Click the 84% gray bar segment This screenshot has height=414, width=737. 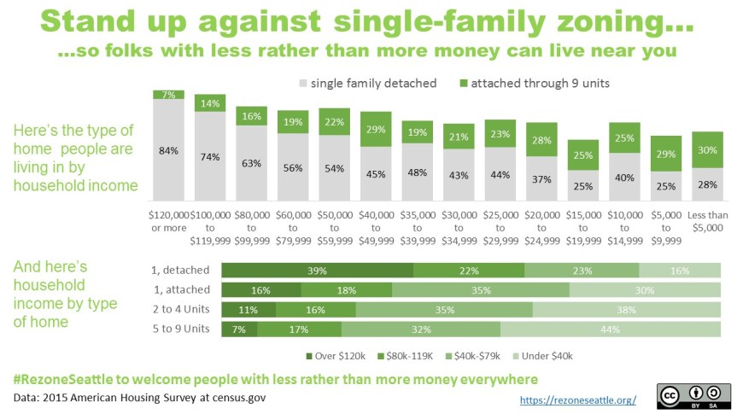[x=168, y=150]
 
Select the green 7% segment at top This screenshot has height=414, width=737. [x=168, y=94]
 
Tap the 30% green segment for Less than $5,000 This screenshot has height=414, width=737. [x=708, y=149]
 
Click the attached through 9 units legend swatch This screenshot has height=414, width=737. [x=465, y=84]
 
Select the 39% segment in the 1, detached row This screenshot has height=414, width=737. [x=317, y=271]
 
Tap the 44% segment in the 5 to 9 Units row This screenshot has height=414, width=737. [x=610, y=329]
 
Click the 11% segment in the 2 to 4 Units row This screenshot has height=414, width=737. [x=249, y=309]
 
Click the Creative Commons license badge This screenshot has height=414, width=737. [x=693, y=395]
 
